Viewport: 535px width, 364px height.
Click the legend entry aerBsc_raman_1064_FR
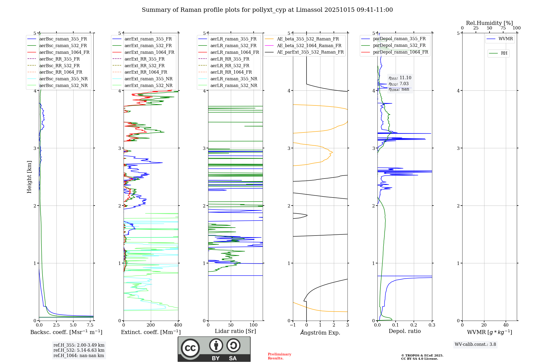[64, 52]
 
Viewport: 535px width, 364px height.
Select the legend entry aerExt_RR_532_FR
[144, 66]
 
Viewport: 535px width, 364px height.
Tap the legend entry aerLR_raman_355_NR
[234, 79]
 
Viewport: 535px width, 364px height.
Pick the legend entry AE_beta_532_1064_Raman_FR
[309, 45]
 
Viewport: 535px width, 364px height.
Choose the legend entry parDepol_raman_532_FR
[399, 45]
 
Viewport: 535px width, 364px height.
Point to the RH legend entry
[504, 53]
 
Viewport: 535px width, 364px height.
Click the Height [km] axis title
[29, 177]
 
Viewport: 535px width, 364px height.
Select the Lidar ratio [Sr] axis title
[235, 331]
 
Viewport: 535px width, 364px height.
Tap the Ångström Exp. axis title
[320, 332]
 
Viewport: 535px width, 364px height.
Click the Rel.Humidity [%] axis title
[489, 23]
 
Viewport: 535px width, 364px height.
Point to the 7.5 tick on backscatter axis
[90, 325]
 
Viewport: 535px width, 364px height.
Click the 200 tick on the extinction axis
[151, 325]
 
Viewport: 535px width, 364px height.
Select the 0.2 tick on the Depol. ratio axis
[414, 325]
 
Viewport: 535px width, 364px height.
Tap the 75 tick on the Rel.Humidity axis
[503, 28]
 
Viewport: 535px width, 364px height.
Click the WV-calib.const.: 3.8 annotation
[475, 344]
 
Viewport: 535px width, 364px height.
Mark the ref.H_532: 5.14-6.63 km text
[79, 350]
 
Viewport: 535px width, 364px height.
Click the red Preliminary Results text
[279, 356]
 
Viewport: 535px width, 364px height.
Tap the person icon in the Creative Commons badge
[216, 345]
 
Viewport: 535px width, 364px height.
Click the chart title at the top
[267, 10]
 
